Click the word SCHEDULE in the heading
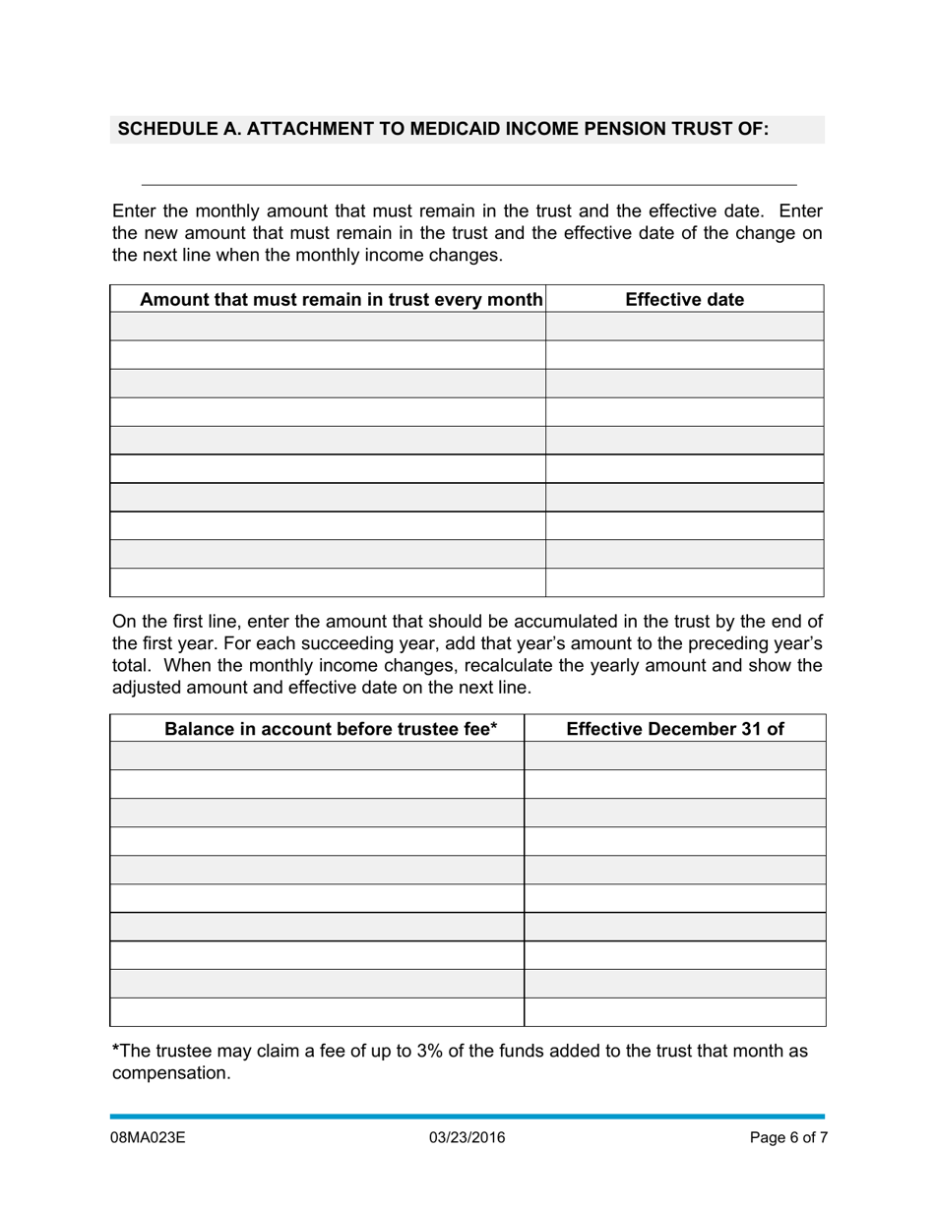pos(161,129)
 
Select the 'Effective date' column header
pos(684,299)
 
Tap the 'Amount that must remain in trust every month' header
pos(341,299)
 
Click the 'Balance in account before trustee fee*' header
pos(331,729)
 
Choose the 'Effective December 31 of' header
pos(674,729)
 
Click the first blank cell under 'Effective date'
pos(684,327)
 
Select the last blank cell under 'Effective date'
pos(684,582)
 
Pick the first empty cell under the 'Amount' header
pos(328,327)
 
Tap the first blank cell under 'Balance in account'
pos(317,756)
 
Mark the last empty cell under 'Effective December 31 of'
pos(674,1012)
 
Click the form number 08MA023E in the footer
pos(148,1138)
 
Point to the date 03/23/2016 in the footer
pos(467,1138)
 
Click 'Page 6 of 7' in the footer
pos(788,1138)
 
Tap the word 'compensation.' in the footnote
pos(171,1073)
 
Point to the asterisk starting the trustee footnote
pos(116,1050)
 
